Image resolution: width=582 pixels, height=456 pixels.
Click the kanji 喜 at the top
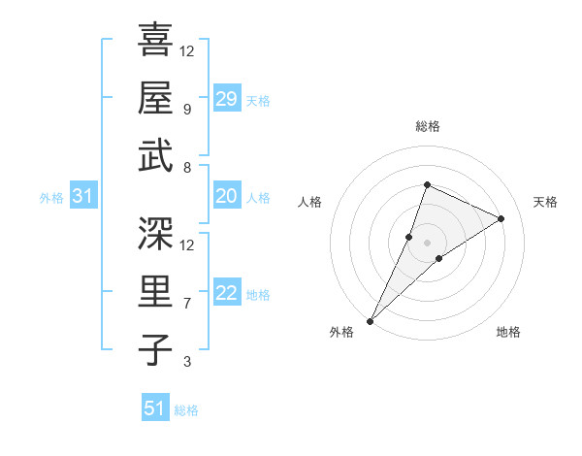155,42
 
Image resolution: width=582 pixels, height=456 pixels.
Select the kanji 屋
155,98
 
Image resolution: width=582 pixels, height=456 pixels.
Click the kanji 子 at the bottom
155,349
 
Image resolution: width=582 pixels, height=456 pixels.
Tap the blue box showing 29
226,99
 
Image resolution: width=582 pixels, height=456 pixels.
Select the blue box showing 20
226,197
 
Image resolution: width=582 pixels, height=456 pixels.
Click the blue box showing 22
226,294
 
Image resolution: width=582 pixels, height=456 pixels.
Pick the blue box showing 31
83,197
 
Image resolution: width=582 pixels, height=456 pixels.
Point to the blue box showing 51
155,408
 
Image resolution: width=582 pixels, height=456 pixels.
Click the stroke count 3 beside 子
187,363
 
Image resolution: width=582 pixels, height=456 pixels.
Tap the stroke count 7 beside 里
187,304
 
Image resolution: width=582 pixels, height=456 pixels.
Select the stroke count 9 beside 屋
187,109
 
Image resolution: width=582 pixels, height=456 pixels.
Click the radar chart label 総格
427,126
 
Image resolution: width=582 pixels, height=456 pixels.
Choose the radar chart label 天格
546,202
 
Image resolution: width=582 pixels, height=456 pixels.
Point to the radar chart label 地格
508,332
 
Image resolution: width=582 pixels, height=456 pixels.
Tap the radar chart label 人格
310,202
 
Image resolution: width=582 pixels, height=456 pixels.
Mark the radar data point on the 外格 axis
371,320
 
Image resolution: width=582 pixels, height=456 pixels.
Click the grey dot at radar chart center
427,243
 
